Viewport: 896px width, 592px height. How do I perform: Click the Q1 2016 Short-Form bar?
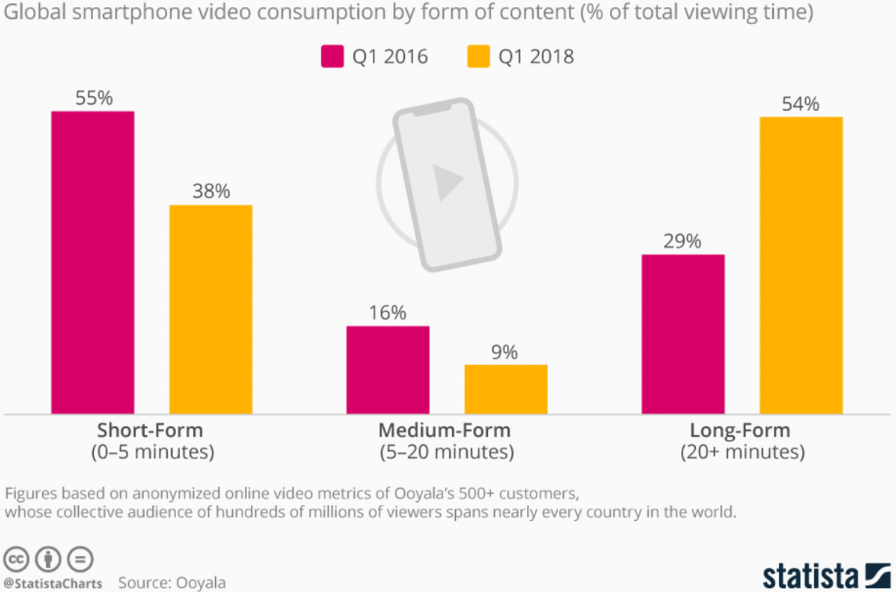click(x=92, y=262)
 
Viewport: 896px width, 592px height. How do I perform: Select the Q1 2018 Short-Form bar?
click(x=210, y=309)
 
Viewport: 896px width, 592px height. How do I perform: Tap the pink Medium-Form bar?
click(x=388, y=369)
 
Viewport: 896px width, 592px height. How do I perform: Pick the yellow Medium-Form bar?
click(x=506, y=389)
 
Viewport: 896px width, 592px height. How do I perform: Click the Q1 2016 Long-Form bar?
click(x=683, y=333)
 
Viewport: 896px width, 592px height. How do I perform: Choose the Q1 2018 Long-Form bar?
click(x=801, y=265)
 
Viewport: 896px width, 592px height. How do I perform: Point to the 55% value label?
click(x=94, y=98)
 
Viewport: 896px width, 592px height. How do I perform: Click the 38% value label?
click(x=211, y=191)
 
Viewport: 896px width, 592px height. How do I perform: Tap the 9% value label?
click(x=505, y=352)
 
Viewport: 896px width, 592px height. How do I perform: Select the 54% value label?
click(x=801, y=104)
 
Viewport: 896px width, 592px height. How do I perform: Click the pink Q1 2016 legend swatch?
click(x=332, y=57)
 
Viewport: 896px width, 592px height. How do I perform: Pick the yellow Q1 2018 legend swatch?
click(x=478, y=57)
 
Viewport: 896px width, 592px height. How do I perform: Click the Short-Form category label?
click(x=150, y=430)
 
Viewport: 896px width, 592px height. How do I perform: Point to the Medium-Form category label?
click(x=444, y=430)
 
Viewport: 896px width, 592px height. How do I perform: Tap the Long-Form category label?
click(x=740, y=430)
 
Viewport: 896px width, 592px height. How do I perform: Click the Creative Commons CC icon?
click(x=16, y=559)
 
